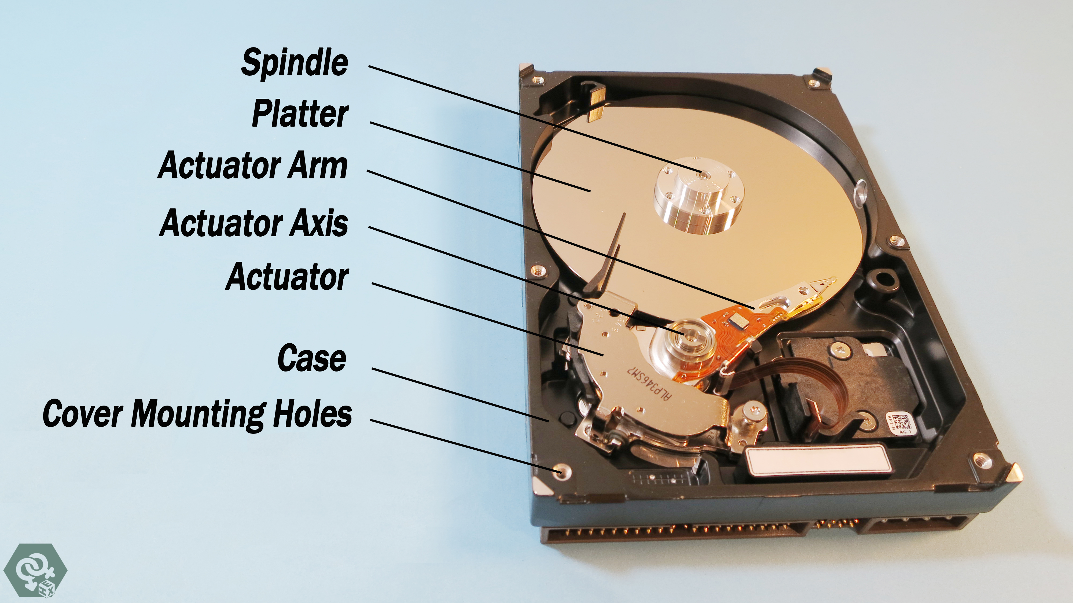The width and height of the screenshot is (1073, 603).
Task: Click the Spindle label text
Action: coord(295,63)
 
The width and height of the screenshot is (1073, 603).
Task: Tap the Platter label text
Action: coord(300,114)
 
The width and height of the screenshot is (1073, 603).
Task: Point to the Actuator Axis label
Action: coord(254,223)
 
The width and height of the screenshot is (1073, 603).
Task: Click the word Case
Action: coord(311,358)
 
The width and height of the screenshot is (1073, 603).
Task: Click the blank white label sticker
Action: coord(816,460)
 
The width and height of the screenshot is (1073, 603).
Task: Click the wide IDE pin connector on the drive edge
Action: coord(671,535)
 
